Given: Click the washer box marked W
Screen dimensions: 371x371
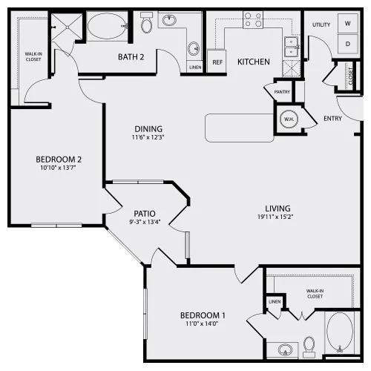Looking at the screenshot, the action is [348, 23].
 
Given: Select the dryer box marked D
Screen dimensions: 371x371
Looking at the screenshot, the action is [348, 44].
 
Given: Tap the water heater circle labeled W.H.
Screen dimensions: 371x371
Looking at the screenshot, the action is [289, 119].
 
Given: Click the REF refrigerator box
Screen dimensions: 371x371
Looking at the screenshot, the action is [217, 62].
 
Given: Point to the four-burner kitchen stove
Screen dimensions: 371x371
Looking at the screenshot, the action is [253, 19].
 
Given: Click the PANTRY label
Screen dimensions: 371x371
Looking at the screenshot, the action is [282, 92].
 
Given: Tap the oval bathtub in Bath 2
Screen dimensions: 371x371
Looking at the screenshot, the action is [108, 26].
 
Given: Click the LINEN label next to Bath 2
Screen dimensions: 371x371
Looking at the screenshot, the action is [195, 68].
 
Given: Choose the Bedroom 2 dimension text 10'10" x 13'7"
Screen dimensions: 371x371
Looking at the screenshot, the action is [58, 168].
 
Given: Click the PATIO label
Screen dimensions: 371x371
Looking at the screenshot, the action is [145, 213].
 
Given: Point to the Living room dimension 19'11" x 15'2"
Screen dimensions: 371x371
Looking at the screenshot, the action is [275, 217].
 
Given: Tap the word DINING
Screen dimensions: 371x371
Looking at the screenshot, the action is [148, 128].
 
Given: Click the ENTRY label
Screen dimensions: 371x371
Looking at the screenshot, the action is [332, 119].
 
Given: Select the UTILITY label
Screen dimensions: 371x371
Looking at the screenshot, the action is [321, 24].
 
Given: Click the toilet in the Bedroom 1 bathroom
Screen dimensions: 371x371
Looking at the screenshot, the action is [309, 347].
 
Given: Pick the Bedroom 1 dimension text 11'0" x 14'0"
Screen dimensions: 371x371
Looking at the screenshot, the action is [202, 324].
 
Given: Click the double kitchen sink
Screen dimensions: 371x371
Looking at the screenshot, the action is [291, 47].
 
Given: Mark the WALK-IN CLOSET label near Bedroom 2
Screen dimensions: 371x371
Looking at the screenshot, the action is [33, 56].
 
